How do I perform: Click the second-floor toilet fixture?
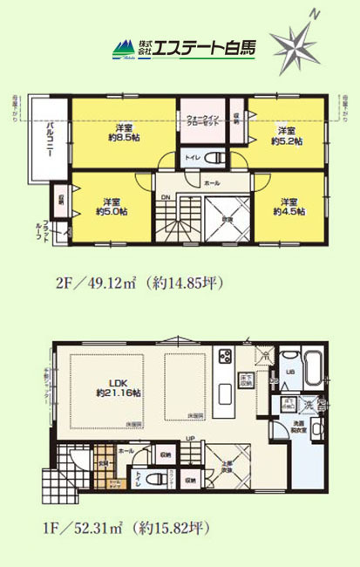tap(217, 158)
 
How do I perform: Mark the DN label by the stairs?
tap(165, 198)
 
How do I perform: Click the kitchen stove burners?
tap(226, 359)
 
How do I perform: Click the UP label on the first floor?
tap(190, 439)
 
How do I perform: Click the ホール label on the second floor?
tap(212, 184)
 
